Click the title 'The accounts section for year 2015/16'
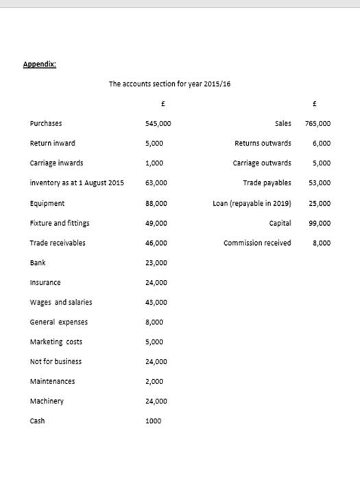[x=169, y=84]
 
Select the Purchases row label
[x=45, y=123]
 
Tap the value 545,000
[x=158, y=124]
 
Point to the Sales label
[x=283, y=123]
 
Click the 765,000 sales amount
[x=317, y=124]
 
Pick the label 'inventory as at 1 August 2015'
[x=77, y=183]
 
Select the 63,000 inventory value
[x=156, y=183]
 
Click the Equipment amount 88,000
[x=156, y=203]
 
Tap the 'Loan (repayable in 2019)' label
[x=252, y=203]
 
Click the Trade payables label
[x=267, y=183]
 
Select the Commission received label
[x=257, y=243]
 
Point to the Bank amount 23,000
[x=156, y=263]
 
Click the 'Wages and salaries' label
[x=60, y=302]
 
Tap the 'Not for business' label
[x=56, y=362]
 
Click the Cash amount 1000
[x=154, y=421]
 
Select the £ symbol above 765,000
[x=313, y=104]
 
